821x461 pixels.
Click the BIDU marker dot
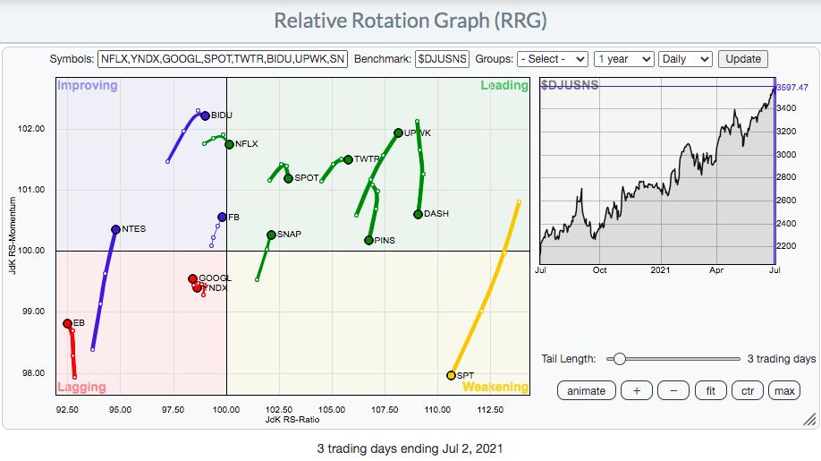205,115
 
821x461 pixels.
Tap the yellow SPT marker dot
451,375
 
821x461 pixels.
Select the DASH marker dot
418,214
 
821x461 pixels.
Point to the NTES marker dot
115,229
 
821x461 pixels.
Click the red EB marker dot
67,323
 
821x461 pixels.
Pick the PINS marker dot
368,240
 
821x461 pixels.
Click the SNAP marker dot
271,235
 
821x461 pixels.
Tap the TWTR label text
367,159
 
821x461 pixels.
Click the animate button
586,390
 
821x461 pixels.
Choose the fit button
710,390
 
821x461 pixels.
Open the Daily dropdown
685,59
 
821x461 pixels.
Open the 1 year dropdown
623,59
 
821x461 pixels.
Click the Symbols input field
223,59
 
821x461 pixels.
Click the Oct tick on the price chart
599,269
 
